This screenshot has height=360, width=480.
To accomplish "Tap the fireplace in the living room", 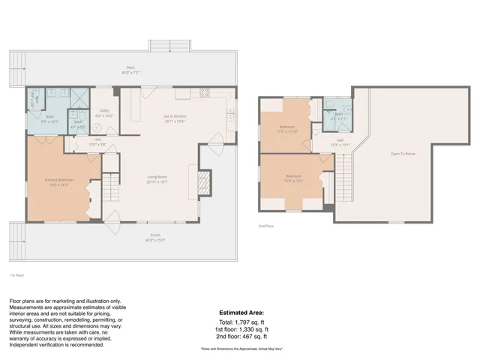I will click(x=202, y=181).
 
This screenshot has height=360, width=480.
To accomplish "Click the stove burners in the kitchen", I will click(x=203, y=93).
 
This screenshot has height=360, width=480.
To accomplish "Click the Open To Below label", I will click(x=403, y=153).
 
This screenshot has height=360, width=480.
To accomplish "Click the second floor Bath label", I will click(x=338, y=115).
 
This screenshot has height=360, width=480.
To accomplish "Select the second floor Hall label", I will click(x=340, y=142).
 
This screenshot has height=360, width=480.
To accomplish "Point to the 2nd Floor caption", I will click(x=266, y=225).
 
